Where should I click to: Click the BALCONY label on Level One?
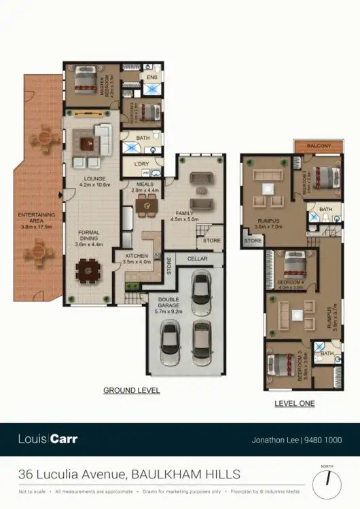pos(319,146)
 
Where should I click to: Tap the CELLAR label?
pos(197,259)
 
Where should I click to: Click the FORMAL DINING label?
pos(88,236)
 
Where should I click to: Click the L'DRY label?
pos(142,165)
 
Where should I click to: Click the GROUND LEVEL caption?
pos(131,390)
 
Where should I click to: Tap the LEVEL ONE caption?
pos(294,403)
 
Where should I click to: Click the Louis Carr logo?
pos(48,439)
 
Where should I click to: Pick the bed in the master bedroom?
pos(86,81)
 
